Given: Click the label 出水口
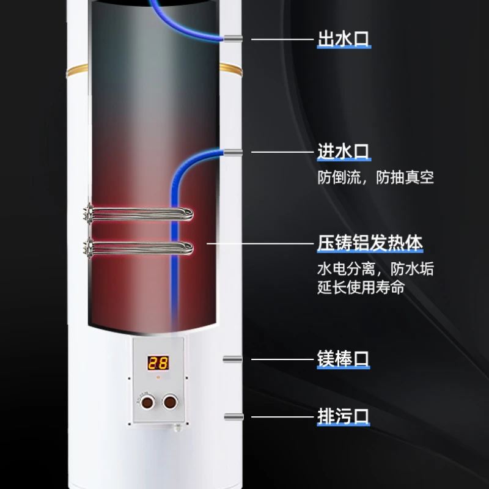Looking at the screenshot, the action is [x=343, y=39].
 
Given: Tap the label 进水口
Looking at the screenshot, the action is [x=343, y=152].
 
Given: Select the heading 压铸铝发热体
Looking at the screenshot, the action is [x=369, y=243].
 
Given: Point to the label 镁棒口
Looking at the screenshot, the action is [x=343, y=358].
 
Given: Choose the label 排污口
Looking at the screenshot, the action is [x=343, y=417].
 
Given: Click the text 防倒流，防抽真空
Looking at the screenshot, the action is [x=375, y=178].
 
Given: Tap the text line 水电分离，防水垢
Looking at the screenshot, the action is [x=375, y=269].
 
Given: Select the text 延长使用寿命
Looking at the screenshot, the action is [x=361, y=287].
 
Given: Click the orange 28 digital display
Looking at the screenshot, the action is [x=157, y=363].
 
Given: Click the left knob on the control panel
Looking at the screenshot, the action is [x=147, y=403].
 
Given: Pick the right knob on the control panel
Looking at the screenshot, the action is [x=169, y=403].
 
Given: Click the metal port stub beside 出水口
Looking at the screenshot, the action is [x=232, y=39].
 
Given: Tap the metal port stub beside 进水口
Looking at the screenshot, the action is [x=232, y=152].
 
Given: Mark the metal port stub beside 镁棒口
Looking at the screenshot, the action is [x=232, y=359].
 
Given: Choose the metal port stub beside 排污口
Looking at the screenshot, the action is [x=232, y=417].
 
